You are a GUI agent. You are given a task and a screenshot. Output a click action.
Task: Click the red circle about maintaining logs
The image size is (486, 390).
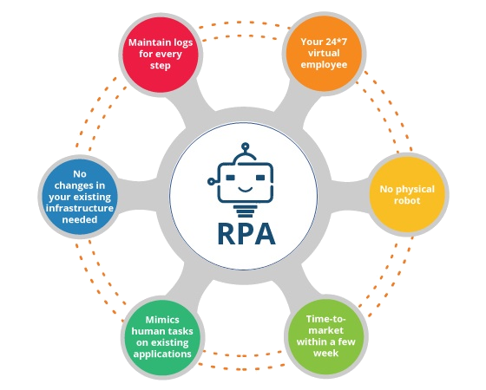(x=161, y=54)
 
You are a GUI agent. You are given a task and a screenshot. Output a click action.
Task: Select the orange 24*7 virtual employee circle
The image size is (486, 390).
(x=324, y=53)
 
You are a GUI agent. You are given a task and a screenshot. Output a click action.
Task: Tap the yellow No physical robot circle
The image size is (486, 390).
(x=407, y=194)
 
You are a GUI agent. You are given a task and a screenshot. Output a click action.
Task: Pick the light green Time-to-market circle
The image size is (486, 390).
(x=325, y=336)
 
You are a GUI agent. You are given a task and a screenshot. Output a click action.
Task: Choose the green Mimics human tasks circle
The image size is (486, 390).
(x=162, y=337)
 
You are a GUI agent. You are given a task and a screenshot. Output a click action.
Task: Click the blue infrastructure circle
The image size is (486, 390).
(x=79, y=196)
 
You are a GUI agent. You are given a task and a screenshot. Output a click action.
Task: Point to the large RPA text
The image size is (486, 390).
(x=246, y=234)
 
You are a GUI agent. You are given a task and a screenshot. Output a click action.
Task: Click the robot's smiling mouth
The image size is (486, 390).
(x=245, y=189)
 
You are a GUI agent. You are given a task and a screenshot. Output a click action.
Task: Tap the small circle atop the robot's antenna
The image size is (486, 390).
(x=245, y=146)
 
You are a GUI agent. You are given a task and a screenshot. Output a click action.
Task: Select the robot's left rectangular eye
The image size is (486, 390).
(x=230, y=178)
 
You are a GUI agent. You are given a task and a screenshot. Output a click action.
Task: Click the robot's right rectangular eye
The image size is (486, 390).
(x=260, y=178)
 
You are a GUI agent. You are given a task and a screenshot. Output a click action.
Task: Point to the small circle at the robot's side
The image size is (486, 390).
(x=211, y=181)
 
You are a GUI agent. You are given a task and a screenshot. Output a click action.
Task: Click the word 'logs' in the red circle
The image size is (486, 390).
(x=183, y=42)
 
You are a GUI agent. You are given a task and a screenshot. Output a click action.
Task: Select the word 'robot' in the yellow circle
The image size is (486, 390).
(x=407, y=200)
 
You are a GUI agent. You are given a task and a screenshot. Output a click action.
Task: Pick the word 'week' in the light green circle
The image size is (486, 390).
(x=325, y=354)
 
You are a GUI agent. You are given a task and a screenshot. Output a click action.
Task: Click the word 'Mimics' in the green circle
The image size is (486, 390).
(x=162, y=320)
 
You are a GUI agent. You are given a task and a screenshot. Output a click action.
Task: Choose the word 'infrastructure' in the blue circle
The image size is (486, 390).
(x=79, y=208)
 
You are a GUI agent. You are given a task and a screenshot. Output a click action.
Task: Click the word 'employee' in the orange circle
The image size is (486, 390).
(x=324, y=65)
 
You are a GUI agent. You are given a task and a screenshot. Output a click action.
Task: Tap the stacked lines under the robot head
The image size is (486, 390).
(x=245, y=211)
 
